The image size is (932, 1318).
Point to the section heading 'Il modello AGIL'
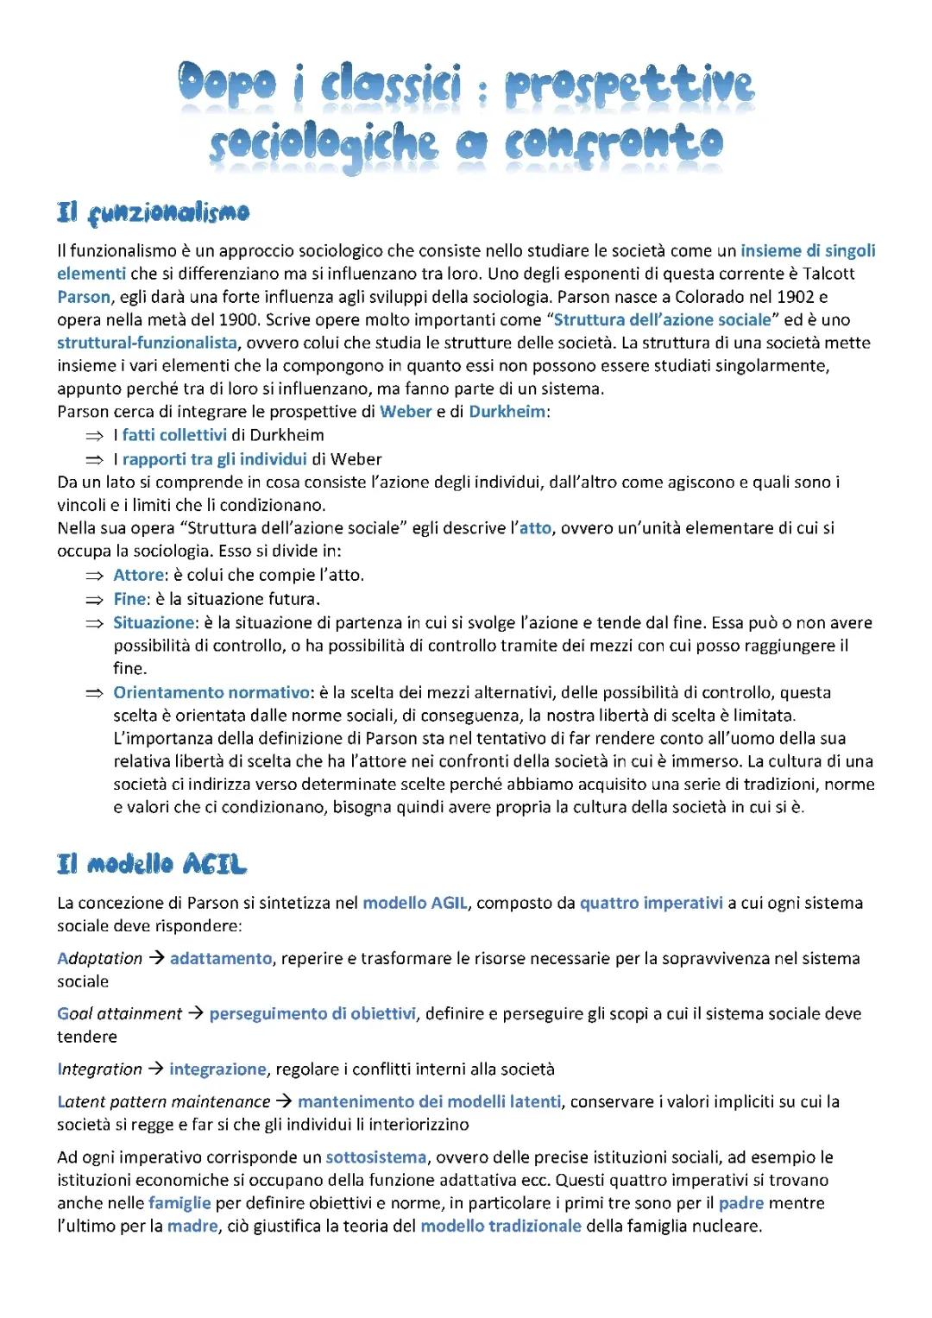pyautogui.click(x=152, y=864)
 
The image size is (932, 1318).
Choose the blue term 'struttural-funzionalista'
pyautogui.click(x=147, y=343)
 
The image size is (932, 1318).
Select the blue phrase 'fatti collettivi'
pyautogui.click(x=174, y=435)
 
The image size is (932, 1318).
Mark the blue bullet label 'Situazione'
pyautogui.click(x=154, y=622)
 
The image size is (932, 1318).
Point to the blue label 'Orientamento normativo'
pyautogui.click(x=211, y=692)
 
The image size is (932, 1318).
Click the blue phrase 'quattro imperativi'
pyautogui.click(x=652, y=903)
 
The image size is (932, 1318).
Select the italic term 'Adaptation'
pyautogui.click(x=100, y=958)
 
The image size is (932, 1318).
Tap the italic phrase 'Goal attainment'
pyautogui.click(x=120, y=1013)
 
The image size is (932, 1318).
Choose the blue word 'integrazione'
pyautogui.click(x=217, y=1069)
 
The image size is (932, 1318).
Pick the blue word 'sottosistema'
pyautogui.click(x=376, y=1157)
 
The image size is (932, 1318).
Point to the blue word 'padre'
pyautogui.click(x=741, y=1203)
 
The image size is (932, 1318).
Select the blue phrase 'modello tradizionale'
pyautogui.click(x=501, y=1227)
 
